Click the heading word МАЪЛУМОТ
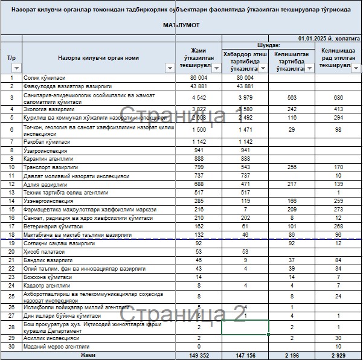pyautogui.click(x=181, y=26)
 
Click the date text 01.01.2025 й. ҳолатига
pyautogui.click(x=329, y=39)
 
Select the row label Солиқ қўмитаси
pyautogui.click(x=44, y=78)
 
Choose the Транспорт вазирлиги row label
pyautogui.click(x=50, y=167)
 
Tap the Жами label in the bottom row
pyautogui.click(x=88, y=356)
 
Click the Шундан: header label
pyautogui.click(x=268, y=45)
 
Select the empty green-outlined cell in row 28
pyautogui.click(x=245, y=327)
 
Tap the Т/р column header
pyautogui.click(x=11, y=58)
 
